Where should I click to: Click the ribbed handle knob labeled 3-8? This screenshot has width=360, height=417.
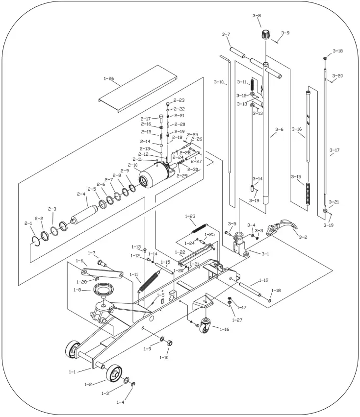(265, 35)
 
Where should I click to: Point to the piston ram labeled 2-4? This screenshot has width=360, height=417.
(83, 215)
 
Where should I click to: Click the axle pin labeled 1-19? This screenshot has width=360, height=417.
(251, 289)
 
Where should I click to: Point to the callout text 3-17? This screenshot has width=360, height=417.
(334, 150)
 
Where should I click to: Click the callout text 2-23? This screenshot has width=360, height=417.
(179, 100)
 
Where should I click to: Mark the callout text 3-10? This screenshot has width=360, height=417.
(219, 82)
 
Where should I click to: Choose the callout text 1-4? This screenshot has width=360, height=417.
(121, 402)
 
